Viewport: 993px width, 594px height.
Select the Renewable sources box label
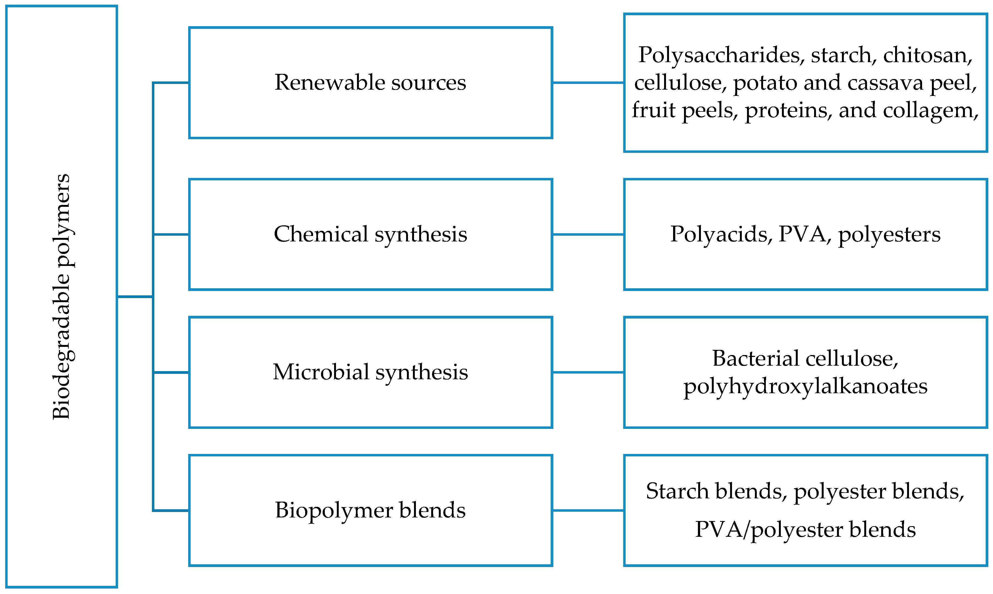coord(370,83)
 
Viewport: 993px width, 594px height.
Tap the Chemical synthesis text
coord(370,234)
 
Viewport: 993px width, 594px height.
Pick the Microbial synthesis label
coord(370,372)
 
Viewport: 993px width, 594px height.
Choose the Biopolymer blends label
coord(370,510)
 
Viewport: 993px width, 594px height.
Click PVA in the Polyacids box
coord(802,234)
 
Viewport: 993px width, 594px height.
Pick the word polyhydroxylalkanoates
coord(805,387)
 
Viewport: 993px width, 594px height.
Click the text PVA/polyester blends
coord(805,529)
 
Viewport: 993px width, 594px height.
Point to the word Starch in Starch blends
coord(677,491)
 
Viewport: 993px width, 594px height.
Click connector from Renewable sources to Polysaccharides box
coord(588,83)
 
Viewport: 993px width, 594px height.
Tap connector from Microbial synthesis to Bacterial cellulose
coord(588,372)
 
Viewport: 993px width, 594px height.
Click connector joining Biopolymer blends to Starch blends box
coord(588,510)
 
